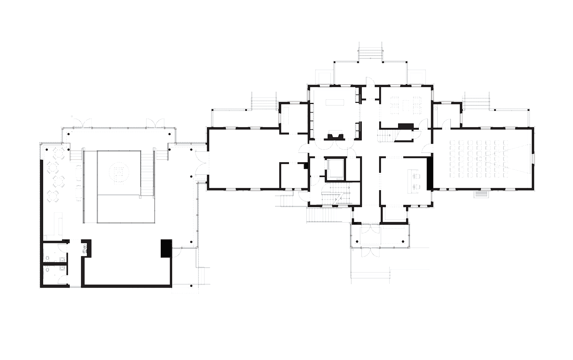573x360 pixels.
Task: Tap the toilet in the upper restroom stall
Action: [x=47, y=258]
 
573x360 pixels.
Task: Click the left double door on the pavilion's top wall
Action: [x=82, y=122]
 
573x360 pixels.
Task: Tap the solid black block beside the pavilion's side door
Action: [x=166, y=248]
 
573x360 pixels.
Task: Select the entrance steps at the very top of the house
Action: [x=371, y=52]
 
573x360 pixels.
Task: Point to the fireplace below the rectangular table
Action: [x=335, y=135]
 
